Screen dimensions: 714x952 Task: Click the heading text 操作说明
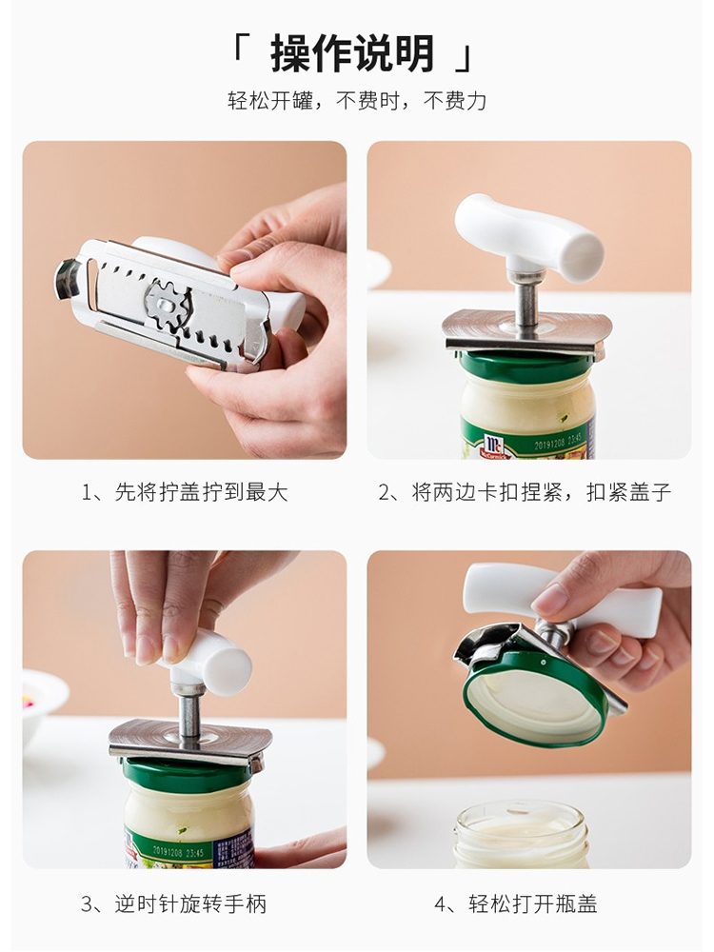pos(351,53)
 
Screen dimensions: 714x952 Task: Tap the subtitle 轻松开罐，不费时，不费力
pos(357,101)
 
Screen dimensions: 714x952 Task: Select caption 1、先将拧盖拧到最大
pos(185,492)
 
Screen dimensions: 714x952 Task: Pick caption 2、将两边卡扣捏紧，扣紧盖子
pos(526,492)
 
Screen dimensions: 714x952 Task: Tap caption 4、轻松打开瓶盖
pos(515,904)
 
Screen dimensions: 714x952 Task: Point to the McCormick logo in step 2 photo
pos(495,447)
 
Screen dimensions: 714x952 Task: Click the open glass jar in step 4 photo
pos(522,835)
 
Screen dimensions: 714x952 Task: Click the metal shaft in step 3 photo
pos(188,720)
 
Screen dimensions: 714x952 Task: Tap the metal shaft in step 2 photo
pos(526,305)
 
